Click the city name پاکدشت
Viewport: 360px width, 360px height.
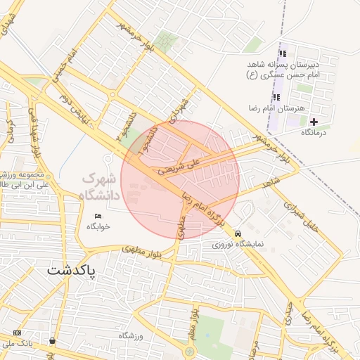(x=72, y=270)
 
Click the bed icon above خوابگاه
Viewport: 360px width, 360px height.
(x=98, y=215)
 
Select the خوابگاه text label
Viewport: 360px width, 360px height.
(x=99, y=227)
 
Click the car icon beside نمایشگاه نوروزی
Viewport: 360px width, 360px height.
(x=238, y=233)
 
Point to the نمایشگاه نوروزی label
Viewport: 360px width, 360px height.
(x=238, y=245)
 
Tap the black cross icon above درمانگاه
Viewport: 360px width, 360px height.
(x=314, y=122)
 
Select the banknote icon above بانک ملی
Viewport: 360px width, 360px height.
(x=17, y=333)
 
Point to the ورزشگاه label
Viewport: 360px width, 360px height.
(x=131, y=336)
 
